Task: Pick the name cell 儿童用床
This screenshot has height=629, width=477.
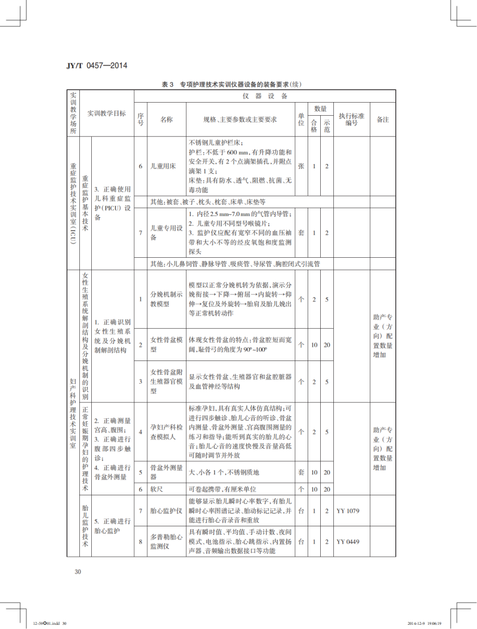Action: pyautogui.click(x=162, y=166)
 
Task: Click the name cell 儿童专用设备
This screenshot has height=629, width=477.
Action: pyautogui.click(x=162, y=233)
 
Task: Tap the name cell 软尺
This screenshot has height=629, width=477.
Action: pyautogui.click(x=156, y=489)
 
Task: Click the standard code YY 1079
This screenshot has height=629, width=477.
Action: pyautogui.click(x=348, y=511)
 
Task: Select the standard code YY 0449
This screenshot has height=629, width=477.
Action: pyautogui.click(x=348, y=541)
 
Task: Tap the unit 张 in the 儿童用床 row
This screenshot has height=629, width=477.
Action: pyautogui.click(x=301, y=166)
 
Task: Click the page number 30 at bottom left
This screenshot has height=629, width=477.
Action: pyautogui.click(x=78, y=572)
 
